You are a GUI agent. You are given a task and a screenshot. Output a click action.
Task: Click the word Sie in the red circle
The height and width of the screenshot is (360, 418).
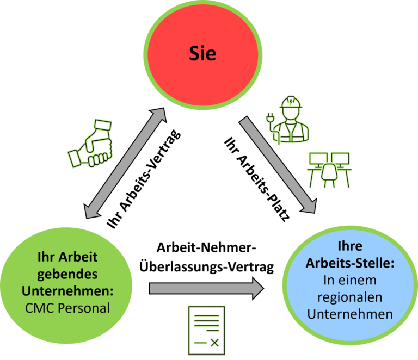pyautogui.click(x=202, y=53)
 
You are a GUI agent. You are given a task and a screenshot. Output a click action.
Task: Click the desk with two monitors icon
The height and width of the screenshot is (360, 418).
pyautogui.click(x=329, y=169)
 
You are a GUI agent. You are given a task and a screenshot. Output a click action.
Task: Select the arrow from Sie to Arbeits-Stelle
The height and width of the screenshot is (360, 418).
pyautogui.click(x=278, y=165)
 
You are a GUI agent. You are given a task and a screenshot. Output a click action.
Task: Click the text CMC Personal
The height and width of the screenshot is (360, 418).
pyautogui.click(x=67, y=308)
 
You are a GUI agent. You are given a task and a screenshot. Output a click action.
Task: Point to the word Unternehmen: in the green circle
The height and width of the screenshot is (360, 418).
pyautogui.click(x=67, y=290)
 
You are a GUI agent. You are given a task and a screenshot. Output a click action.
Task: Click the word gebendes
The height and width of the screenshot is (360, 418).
pyautogui.click(x=67, y=273)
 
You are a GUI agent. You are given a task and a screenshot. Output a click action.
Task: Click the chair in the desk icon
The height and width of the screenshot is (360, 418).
pyautogui.click(x=329, y=175)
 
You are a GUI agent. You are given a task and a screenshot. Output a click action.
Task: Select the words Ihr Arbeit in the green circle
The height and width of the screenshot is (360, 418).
pyautogui.click(x=67, y=256)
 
